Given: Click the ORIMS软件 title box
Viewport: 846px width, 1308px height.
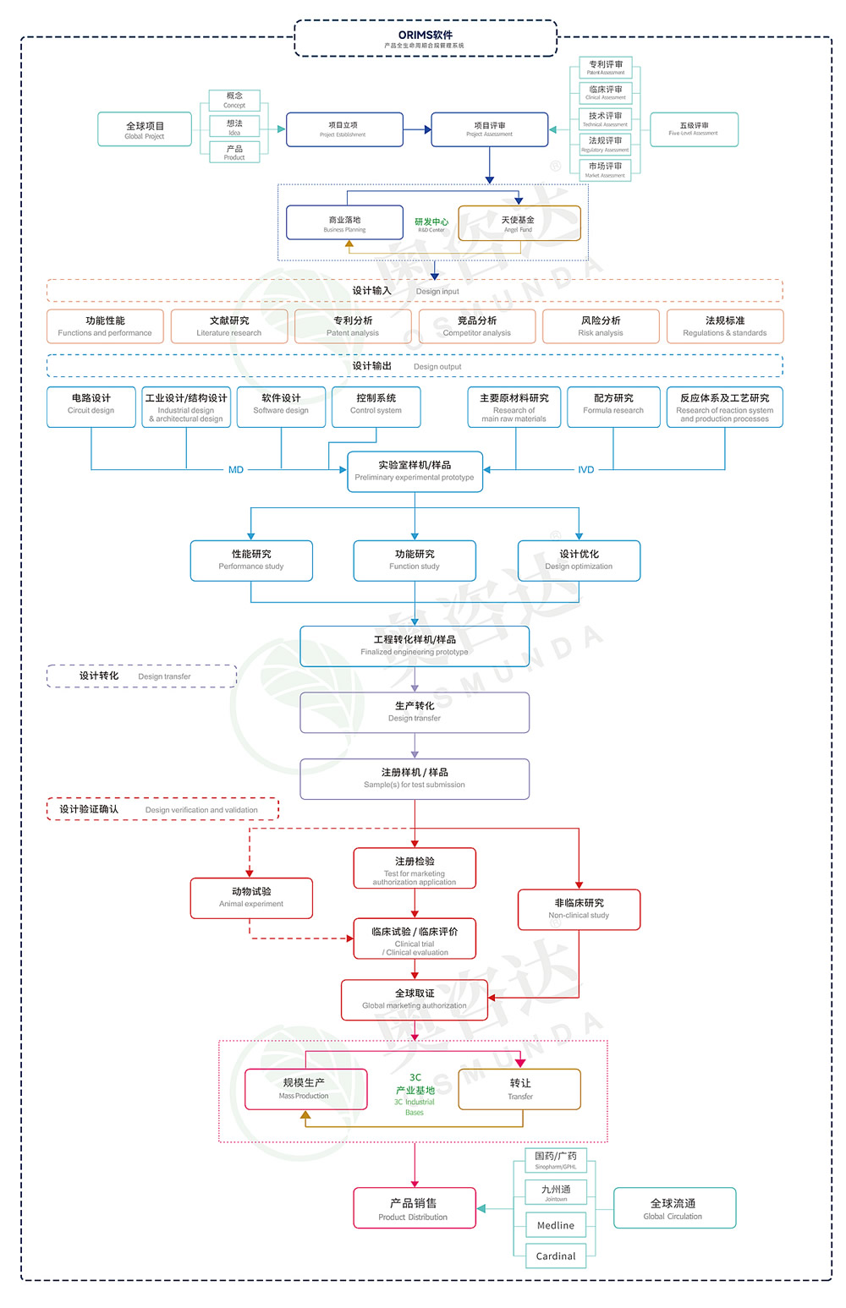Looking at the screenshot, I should point(426,39).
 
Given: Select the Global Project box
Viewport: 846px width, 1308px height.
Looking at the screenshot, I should point(145,129).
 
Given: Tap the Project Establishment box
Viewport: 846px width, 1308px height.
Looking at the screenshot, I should point(343,129).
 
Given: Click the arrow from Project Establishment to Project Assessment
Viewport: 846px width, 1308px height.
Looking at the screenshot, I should point(417,129).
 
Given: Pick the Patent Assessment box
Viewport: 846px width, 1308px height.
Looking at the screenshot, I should point(606,68).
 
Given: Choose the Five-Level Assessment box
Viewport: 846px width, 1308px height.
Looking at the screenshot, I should point(694,129).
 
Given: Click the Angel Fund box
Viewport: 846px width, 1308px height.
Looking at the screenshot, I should point(519,223).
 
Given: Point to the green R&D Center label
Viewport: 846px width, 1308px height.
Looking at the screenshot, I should point(431,225).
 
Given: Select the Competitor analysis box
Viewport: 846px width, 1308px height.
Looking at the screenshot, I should point(477,326).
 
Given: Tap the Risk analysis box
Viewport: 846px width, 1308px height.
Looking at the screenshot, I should point(601,326).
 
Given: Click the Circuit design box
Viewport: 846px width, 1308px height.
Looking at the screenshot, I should point(91,407).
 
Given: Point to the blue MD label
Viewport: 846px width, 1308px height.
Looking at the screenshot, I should point(236,470).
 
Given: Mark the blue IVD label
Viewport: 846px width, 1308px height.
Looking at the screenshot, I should point(585,470).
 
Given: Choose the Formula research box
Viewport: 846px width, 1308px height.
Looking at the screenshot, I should point(613,407).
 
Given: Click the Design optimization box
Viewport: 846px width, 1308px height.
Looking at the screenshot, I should point(579,561).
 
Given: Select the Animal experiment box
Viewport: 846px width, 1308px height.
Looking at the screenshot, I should point(251,898).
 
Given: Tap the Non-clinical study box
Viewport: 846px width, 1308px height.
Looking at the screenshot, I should point(579,909).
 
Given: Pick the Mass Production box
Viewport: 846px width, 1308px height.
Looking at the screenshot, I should point(305,1089).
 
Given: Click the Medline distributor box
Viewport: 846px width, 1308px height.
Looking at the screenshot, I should point(555,1225).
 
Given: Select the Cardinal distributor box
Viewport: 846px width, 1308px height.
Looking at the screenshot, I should point(555,1256).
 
